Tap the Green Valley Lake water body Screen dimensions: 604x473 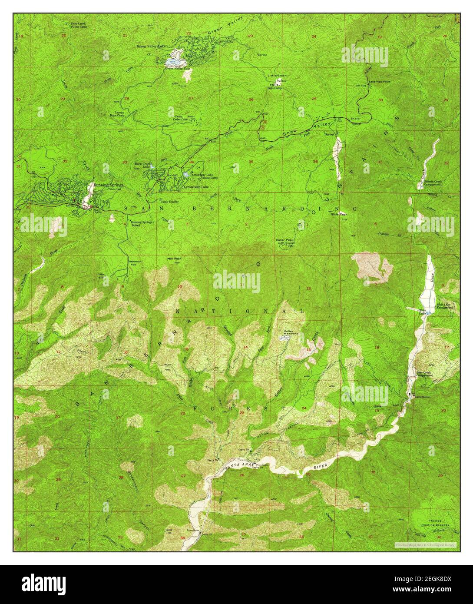(x=173, y=62)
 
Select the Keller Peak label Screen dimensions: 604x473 (x=284, y=240)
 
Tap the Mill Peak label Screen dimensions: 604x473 (x=174, y=258)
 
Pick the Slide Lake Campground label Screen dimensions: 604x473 (x=445, y=306)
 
